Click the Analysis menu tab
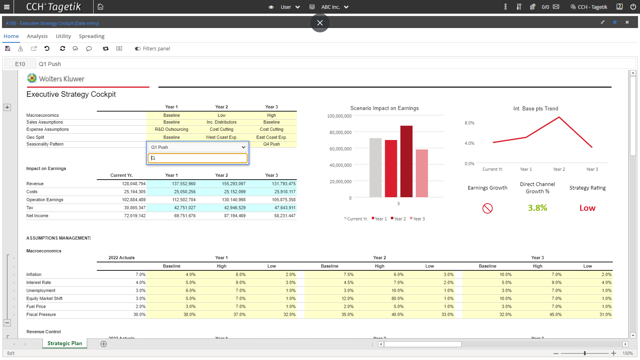click(x=37, y=36)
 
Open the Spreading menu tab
click(x=92, y=36)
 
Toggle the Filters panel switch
click(x=138, y=49)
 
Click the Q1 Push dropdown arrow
click(x=243, y=147)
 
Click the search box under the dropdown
click(x=198, y=158)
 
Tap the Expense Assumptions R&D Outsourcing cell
click(x=171, y=129)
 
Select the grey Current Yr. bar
click(x=375, y=168)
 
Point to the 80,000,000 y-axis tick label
click(x=340, y=132)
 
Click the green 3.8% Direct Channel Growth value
click(x=537, y=208)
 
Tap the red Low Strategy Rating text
click(x=587, y=208)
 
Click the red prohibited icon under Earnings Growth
click(x=488, y=208)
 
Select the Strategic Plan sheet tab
click(x=64, y=343)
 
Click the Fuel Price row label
click(x=36, y=306)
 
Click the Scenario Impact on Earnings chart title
click(x=384, y=108)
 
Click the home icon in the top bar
click(x=100, y=7)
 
